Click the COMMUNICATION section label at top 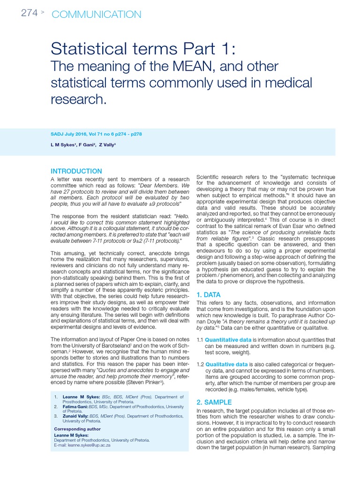click(96, 15)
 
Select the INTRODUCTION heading click(76, 171)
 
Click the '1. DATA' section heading click(208, 295)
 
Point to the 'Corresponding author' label click(77, 429)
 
